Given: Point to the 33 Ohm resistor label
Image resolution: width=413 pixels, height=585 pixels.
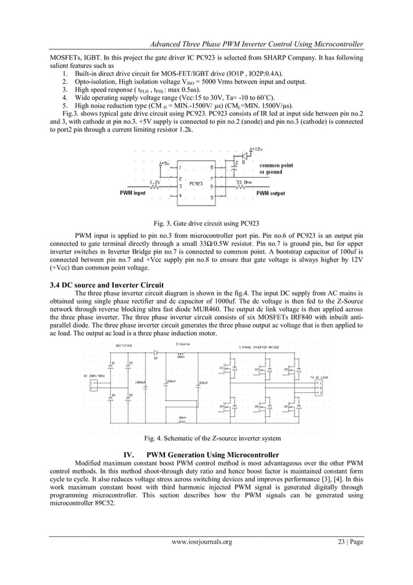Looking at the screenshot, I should click(244, 182).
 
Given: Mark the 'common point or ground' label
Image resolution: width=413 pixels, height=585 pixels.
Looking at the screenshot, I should click(276, 169).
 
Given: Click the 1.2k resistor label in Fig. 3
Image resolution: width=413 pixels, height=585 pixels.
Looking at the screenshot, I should click(154, 182).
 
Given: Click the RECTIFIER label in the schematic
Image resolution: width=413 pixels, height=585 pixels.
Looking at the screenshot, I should click(125, 346).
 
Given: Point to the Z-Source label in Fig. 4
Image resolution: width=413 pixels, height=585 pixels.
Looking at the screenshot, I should click(183, 345).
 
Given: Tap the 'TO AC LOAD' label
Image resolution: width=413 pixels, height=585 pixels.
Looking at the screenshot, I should click(319, 376).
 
